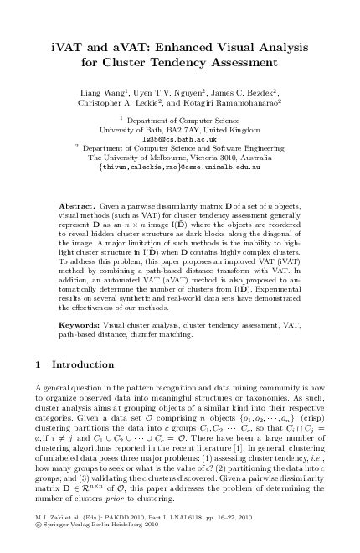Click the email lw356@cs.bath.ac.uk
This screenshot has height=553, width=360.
pyautogui.click(x=180, y=138)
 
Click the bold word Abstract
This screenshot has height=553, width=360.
pyautogui.click(x=81, y=205)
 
